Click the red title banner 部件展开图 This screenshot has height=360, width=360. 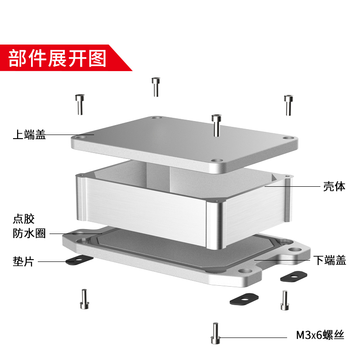(x=58, y=58)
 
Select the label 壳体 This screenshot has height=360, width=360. (x=334, y=186)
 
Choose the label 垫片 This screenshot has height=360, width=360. (x=23, y=261)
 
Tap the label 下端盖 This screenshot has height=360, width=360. (x=330, y=260)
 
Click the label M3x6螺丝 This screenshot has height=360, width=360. (x=320, y=335)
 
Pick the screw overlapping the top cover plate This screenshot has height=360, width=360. (x=216, y=124)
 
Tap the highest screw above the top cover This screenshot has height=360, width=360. (x=156, y=86)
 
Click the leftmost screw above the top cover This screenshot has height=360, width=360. (x=80, y=104)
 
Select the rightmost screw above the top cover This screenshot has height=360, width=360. (x=288, y=104)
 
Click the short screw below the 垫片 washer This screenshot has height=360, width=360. (x=84, y=299)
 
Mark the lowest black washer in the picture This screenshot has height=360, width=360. (x=243, y=298)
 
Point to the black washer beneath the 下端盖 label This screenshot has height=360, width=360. (x=293, y=276)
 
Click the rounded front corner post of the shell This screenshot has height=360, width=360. (x=216, y=225)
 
